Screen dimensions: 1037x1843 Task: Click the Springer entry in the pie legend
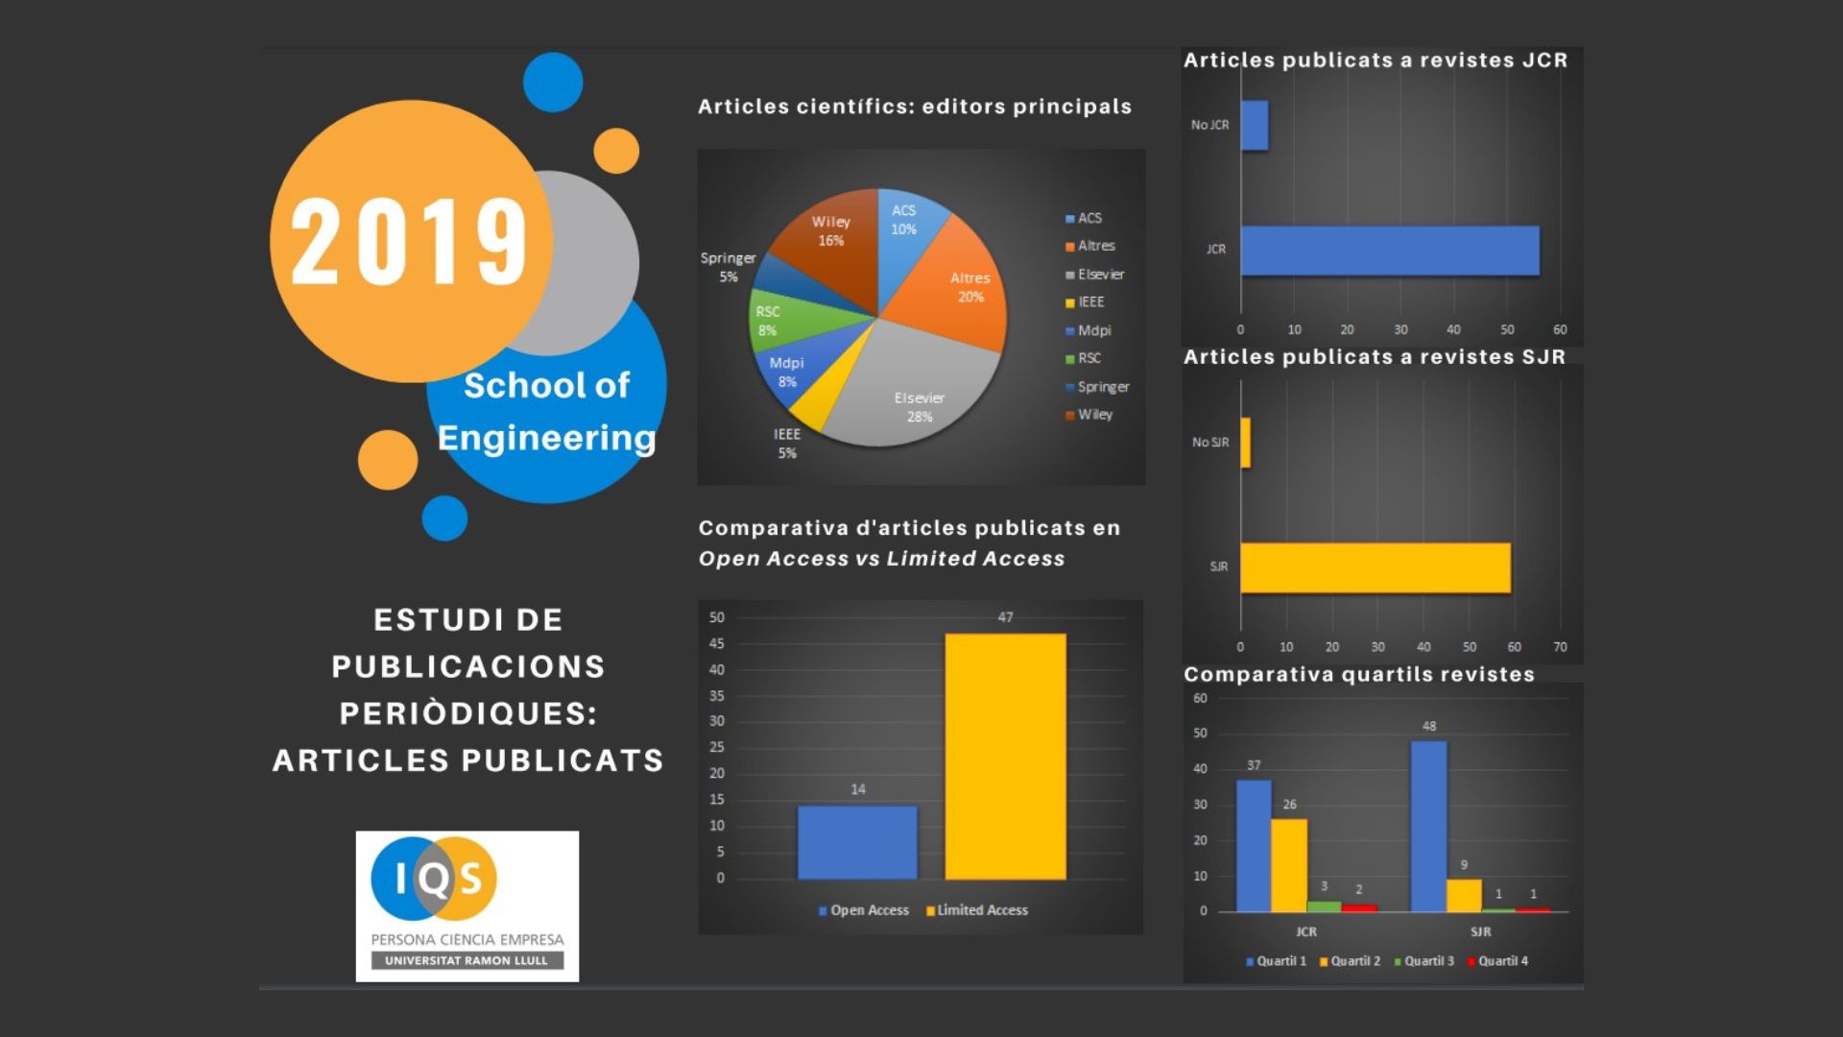click(x=1102, y=387)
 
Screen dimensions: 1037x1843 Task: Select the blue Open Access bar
click(x=857, y=842)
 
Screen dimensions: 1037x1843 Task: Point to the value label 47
click(x=1005, y=617)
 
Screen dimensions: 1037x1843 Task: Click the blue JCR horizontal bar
click(x=1389, y=251)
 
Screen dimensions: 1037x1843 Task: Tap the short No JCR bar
click(x=1255, y=126)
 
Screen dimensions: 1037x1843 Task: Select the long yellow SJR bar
click(x=1375, y=567)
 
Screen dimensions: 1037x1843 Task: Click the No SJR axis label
click(x=1209, y=443)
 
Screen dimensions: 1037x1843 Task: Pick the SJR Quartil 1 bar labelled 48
click(x=1428, y=826)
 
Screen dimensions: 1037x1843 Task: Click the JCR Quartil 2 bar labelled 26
click(x=1289, y=865)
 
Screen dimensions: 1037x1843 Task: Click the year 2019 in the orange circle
click(x=409, y=242)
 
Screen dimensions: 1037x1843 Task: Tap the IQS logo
click(x=467, y=905)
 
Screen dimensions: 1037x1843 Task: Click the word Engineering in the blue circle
click(x=546, y=438)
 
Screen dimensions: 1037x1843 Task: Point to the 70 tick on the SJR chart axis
click(x=1560, y=647)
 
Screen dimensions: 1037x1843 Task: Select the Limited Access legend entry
click(x=977, y=910)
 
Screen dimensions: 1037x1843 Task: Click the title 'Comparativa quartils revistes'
click(x=1358, y=674)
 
